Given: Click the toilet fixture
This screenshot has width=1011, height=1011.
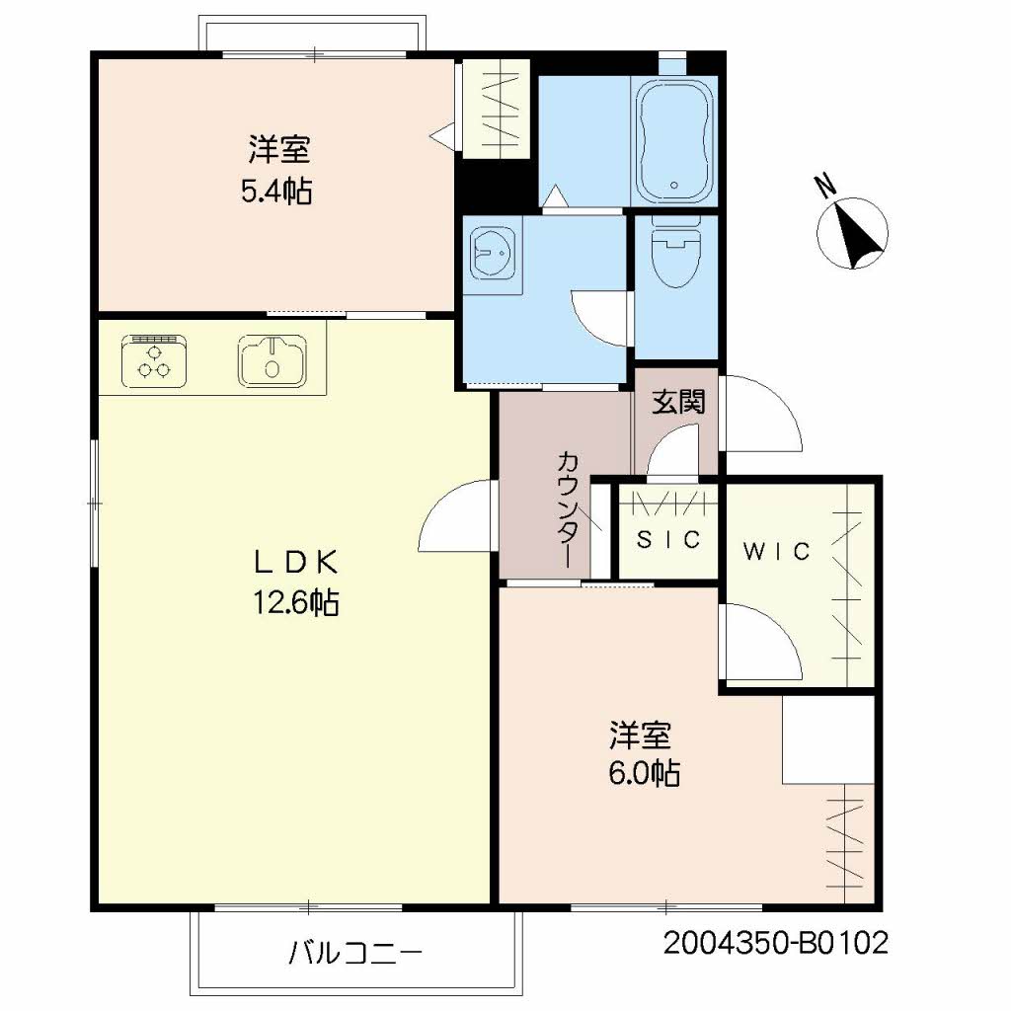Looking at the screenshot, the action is (675, 252).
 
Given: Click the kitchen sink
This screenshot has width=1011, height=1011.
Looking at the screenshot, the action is (272, 360).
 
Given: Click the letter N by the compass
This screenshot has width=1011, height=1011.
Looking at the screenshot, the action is (825, 185).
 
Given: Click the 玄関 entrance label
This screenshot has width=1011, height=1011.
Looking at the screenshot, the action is (678, 403).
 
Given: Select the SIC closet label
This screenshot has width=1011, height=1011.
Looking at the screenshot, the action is (668, 539).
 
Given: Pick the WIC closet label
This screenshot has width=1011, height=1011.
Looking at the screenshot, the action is (776, 551).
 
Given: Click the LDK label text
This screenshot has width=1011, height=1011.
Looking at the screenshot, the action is (296, 563).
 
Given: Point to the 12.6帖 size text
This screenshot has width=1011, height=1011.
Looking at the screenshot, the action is (296, 603).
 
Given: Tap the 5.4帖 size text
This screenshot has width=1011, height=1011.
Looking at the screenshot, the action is (277, 192).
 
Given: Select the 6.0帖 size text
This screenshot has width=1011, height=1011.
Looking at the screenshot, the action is (644, 773).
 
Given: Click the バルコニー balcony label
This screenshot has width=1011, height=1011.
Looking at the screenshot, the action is (355, 953).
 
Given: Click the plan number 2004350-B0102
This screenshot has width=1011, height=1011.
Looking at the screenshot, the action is (776, 943).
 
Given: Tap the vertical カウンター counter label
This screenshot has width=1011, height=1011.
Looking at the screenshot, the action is (568, 509).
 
